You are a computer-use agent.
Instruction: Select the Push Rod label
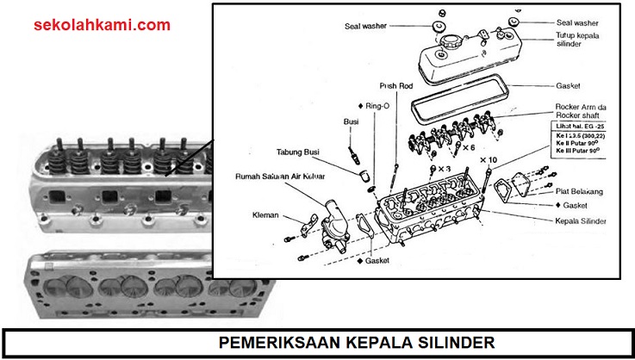[x=397, y=86]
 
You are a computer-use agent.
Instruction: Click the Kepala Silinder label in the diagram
[x=578, y=221]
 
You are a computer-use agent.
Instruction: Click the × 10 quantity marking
[x=489, y=160]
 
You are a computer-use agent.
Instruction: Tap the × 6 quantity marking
[x=469, y=147]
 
